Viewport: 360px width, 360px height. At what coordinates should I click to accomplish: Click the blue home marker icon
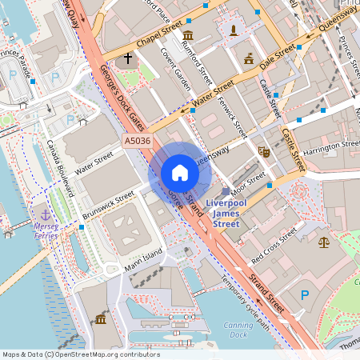coord(180,173)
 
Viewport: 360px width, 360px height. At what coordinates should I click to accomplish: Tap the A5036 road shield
coord(137,141)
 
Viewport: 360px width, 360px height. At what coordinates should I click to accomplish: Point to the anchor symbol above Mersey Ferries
coord(46,214)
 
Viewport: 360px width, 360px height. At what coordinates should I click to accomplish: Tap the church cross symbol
coord(128,58)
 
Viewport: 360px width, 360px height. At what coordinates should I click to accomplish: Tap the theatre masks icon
coord(264,150)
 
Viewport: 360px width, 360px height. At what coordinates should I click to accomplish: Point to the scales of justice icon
coord(323,241)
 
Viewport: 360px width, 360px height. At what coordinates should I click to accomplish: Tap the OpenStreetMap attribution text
coord(80,354)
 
